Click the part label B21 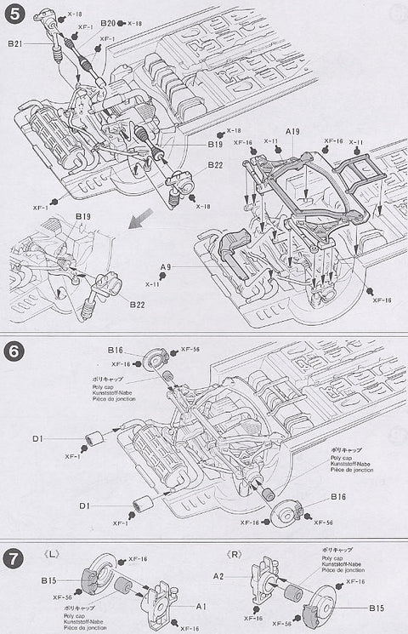[15, 44]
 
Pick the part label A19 [294, 131]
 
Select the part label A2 [242, 576]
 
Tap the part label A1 [201, 607]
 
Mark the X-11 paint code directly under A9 [153, 283]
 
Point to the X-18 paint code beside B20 [134, 23]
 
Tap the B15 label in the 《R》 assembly [377, 608]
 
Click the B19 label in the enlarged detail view [82, 216]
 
